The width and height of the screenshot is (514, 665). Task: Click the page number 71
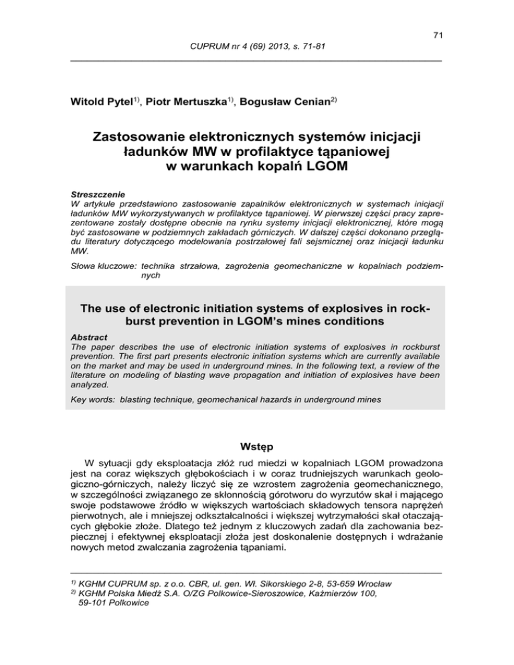tap(435, 35)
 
